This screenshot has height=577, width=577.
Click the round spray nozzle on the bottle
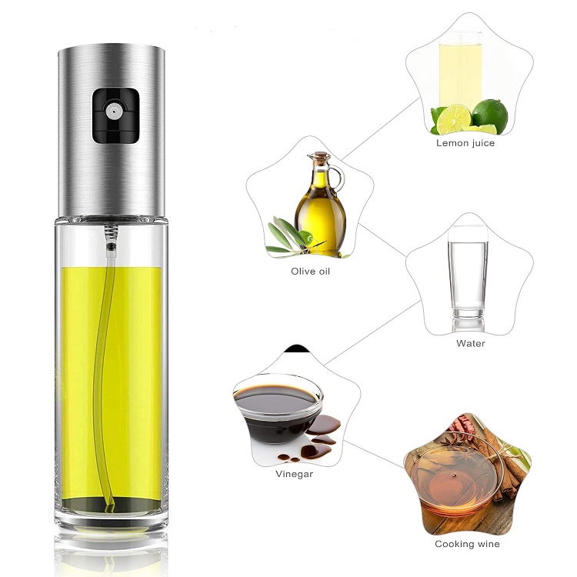click(113, 110)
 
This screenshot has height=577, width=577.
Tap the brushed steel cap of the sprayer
click(111, 132)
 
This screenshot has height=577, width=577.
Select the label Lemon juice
click(465, 143)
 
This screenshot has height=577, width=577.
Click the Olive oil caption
click(310, 272)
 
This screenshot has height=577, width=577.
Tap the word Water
click(470, 343)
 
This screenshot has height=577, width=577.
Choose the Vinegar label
click(295, 474)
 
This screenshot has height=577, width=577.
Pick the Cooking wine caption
click(467, 544)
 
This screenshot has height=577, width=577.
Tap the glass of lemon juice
click(460, 70)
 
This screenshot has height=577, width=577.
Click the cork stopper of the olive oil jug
click(319, 156)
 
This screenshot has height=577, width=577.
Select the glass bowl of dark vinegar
click(278, 409)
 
